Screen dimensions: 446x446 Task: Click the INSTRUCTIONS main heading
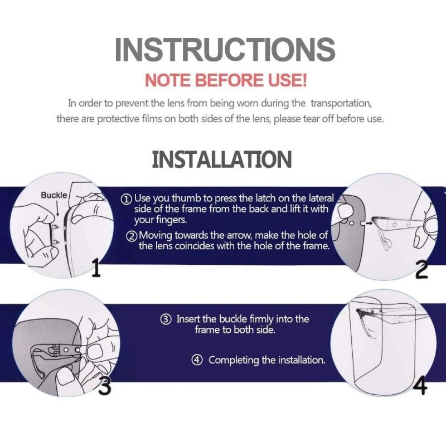(225, 50)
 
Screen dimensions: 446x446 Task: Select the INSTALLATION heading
(222, 159)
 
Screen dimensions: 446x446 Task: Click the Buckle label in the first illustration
(54, 195)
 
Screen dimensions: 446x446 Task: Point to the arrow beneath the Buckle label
(58, 208)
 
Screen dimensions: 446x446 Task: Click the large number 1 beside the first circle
(96, 268)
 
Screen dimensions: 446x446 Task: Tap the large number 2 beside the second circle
(421, 270)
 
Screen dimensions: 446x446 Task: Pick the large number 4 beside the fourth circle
(420, 385)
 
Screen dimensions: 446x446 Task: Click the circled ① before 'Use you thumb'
(127, 199)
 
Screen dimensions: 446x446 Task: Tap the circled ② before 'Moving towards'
(132, 236)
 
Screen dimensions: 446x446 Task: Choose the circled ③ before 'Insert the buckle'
(166, 319)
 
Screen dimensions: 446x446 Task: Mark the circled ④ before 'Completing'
(197, 360)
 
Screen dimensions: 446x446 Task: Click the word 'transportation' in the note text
(341, 103)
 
